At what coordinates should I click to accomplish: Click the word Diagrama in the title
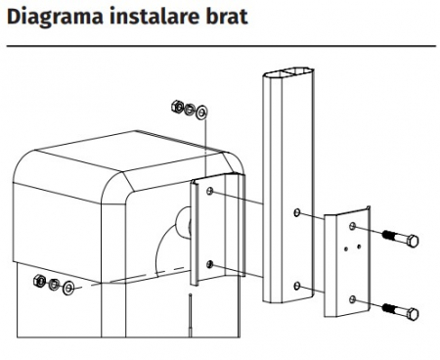(x=55, y=17)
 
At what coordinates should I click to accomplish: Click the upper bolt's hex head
(x=413, y=242)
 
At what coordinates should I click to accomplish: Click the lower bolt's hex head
(x=413, y=314)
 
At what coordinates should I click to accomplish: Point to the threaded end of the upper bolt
(x=389, y=234)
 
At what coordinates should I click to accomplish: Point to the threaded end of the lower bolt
(x=389, y=307)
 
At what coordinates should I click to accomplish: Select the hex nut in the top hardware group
(x=177, y=106)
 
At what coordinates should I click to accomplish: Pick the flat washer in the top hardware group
(x=202, y=112)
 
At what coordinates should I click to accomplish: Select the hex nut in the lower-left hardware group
(x=39, y=281)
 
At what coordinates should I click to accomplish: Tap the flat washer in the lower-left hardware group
(x=68, y=288)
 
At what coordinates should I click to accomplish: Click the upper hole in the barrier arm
(x=296, y=212)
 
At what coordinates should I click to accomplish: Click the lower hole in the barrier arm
(x=296, y=286)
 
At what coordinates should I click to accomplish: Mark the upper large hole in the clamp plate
(x=352, y=226)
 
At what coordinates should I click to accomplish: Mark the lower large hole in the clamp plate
(x=352, y=299)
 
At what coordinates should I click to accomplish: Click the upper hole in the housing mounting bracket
(x=210, y=191)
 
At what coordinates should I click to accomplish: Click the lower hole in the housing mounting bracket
(x=210, y=264)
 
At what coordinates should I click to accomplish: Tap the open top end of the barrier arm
(x=288, y=72)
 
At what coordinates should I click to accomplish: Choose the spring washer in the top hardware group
(x=189, y=109)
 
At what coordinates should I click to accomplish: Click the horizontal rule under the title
(x=221, y=46)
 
